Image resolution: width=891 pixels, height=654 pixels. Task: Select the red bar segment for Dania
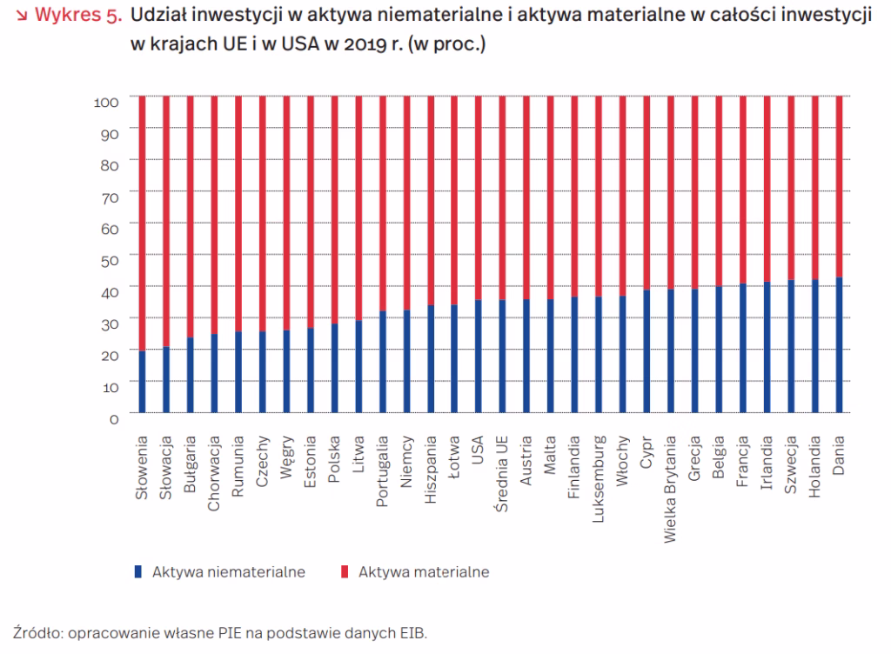point(839,186)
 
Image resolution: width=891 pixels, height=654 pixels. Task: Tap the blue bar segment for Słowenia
point(142,381)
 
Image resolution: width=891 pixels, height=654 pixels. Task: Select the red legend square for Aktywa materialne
point(345,571)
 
